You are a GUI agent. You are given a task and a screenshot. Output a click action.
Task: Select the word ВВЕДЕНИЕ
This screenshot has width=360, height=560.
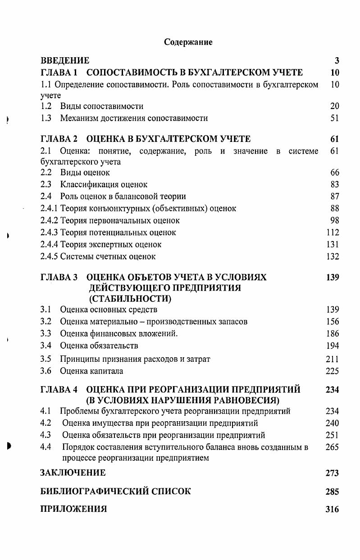65,60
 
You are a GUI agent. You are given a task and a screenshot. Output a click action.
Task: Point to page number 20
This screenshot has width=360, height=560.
334,106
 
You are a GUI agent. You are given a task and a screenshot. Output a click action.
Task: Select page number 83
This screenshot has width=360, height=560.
334,184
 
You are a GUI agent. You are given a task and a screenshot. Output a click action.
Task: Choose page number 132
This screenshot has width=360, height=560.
333,256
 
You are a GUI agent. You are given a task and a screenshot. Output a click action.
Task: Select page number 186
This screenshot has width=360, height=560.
333,334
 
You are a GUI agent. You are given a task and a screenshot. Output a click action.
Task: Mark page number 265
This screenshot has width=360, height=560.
333,447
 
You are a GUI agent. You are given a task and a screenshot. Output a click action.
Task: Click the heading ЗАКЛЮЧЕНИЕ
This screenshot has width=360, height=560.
73,473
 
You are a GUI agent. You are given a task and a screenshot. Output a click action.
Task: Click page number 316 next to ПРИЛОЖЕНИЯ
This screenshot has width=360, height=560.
332,510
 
